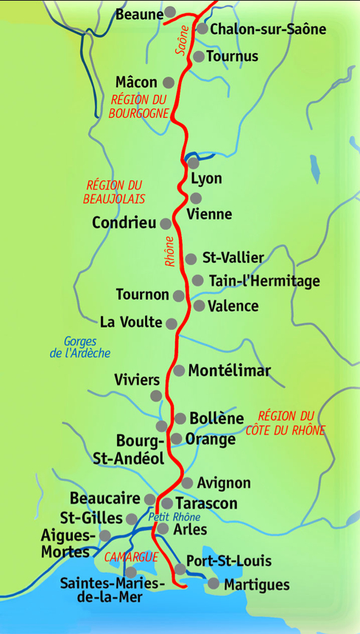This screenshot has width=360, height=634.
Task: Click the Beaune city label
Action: pyautogui.click(x=139, y=14)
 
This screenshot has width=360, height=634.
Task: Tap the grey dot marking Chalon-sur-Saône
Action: pyautogui.click(x=202, y=29)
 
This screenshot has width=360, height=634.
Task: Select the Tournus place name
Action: pyautogui.click(x=232, y=56)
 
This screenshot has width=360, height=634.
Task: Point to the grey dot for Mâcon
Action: pyautogui.click(x=168, y=82)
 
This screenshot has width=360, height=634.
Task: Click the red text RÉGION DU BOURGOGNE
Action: pyautogui.click(x=138, y=106)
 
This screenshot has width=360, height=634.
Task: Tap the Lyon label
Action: pyautogui.click(x=205, y=179)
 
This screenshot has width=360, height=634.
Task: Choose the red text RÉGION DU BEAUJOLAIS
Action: pyautogui.click(x=114, y=192)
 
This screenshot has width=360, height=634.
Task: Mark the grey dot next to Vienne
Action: pyautogui.click(x=195, y=198)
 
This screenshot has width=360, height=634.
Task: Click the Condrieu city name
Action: pyautogui.click(x=124, y=222)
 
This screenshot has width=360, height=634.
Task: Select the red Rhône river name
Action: pyautogui.click(x=170, y=251)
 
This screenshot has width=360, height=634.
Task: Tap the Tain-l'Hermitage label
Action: pyautogui.click(x=264, y=281)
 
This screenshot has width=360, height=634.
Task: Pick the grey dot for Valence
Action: pyautogui.click(x=198, y=306)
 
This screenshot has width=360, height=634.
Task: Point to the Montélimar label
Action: pyautogui.click(x=229, y=370)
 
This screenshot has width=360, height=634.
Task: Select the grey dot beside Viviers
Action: pyautogui.click(x=156, y=396)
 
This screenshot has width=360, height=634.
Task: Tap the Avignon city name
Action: pyautogui.click(x=224, y=483)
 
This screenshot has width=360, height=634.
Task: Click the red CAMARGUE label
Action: pyautogui.click(x=131, y=557)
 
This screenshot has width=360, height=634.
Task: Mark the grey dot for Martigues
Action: pyautogui.click(x=213, y=584)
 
